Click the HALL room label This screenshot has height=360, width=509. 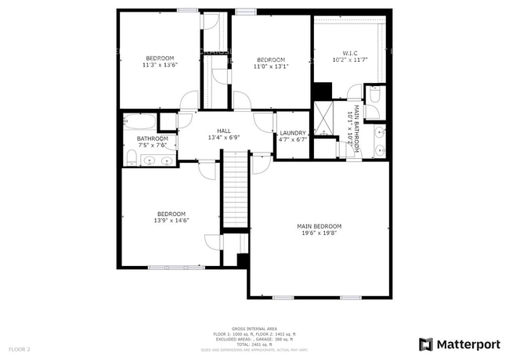223,131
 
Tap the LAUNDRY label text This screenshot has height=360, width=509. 292,133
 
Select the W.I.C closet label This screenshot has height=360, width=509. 349,53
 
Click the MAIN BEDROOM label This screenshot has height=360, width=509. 319,227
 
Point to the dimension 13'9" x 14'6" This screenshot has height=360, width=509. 171,221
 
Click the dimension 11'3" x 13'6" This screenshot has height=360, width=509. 161,66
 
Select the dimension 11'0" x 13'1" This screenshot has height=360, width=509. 271,67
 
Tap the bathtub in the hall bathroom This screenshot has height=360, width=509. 140,123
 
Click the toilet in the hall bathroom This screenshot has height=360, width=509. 131,160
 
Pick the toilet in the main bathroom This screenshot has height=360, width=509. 374,95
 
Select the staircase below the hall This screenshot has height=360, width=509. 235,189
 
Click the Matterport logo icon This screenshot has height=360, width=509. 425,344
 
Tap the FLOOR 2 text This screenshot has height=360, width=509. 20,348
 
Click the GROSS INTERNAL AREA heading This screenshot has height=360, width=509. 254,329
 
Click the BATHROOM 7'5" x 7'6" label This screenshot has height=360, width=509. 152,142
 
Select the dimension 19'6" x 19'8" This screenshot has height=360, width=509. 319,233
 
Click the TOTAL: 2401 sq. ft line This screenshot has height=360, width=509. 254,344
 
